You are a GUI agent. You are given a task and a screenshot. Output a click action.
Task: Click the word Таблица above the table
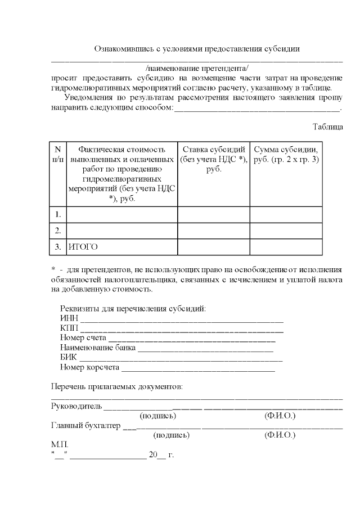click(x=327, y=127)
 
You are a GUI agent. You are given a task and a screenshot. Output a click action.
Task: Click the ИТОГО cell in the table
click(x=81, y=246)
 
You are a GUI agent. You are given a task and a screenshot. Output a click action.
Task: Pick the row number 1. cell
click(x=58, y=214)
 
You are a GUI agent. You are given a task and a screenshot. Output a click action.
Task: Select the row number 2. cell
click(x=58, y=231)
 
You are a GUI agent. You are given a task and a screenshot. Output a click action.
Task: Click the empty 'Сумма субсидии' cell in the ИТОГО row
click(x=287, y=246)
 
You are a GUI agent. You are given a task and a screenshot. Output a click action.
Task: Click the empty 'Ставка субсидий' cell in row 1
click(x=213, y=214)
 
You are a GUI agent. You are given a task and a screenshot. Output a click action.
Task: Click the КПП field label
click(x=69, y=328)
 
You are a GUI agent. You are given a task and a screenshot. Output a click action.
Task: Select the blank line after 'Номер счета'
click(x=191, y=339)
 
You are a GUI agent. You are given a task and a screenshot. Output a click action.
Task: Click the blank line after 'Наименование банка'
click(x=205, y=349)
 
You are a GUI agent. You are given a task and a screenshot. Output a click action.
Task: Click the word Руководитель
click(x=76, y=406)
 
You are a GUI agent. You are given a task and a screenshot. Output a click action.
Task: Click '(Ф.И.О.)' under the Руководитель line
click(x=280, y=416)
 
